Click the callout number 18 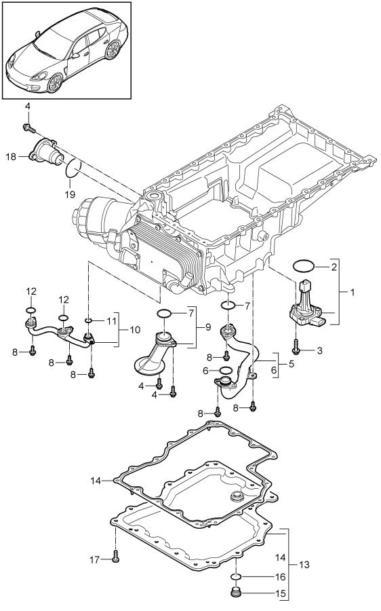pyautogui.click(x=11, y=157)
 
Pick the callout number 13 pyautogui.click(x=304, y=564)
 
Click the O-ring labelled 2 pyautogui.click(x=304, y=266)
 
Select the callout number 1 pyautogui.click(x=353, y=292)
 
